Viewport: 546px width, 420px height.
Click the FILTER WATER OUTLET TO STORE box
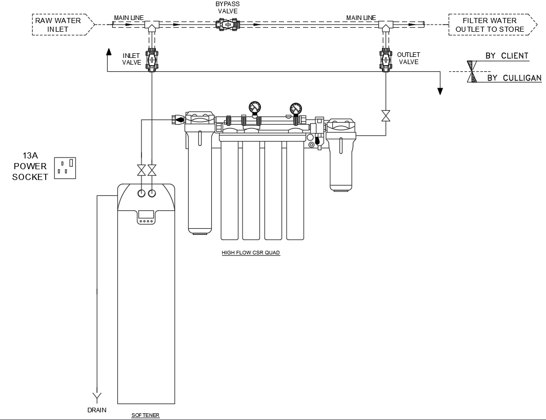point(491,25)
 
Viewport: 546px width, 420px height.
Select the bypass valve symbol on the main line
point(227,24)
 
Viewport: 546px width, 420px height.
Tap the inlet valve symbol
point(152,59)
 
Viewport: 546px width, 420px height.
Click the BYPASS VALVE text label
point(227,7)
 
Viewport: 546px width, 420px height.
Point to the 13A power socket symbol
point(65,168)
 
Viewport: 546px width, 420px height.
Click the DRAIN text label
point(96,410)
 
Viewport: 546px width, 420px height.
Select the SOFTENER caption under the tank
point(146,415)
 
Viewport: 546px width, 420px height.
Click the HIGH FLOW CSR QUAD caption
point(251,253)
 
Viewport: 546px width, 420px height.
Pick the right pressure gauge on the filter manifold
point(296,109)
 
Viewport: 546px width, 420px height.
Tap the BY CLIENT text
point(507,55)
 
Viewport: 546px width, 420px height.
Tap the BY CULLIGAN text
point(514,78)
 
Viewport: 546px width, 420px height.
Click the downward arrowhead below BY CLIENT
point(440,91)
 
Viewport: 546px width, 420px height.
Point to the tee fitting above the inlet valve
point(152,25)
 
